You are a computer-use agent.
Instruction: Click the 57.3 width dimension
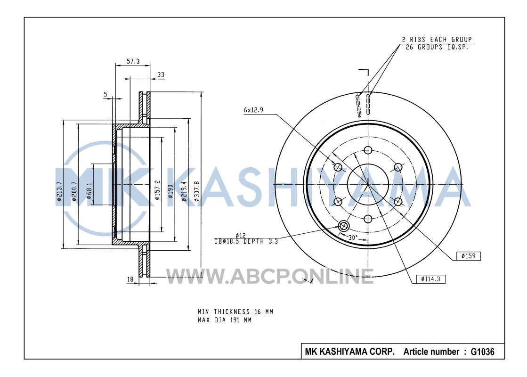pos(133,62)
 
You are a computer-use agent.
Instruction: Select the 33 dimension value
pos(161,74)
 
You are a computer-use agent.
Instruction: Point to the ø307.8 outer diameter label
pos(196,191)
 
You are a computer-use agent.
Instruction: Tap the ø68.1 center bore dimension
pos(89,191)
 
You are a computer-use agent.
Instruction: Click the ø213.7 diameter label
pos(59,191)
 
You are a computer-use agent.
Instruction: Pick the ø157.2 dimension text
pos(157,190)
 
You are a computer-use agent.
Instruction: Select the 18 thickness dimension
pos(130,279)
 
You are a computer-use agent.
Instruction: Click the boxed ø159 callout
pos(469,256)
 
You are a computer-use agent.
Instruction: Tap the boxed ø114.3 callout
pos(430,279)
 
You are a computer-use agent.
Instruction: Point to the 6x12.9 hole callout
pos(253,110)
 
